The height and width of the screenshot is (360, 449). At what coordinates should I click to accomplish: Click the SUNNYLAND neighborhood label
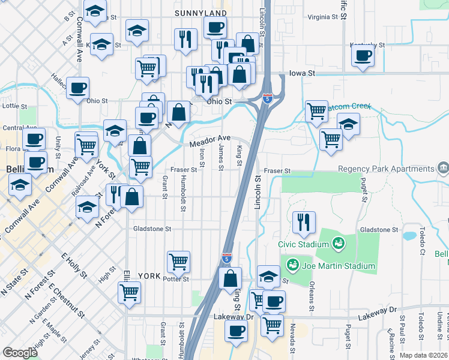201,13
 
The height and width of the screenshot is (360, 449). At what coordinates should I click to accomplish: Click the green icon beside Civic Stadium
339,244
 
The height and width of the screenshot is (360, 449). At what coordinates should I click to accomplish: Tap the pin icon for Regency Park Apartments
444,167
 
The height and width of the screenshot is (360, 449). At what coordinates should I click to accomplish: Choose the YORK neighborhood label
149,276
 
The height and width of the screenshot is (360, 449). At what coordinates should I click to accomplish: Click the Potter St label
177,279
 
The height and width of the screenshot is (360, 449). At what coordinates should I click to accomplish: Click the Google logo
20,353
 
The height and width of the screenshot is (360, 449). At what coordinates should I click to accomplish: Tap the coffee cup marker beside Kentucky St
363,56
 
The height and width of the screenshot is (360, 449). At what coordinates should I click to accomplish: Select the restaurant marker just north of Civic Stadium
304,222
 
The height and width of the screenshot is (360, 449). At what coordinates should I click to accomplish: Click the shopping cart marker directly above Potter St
178,261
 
